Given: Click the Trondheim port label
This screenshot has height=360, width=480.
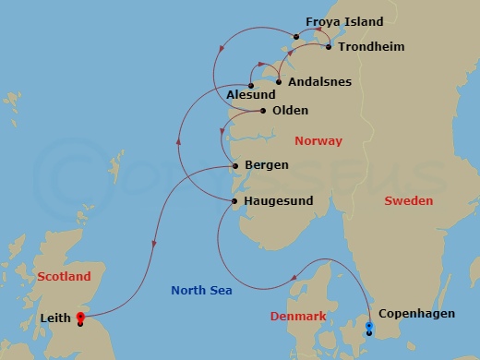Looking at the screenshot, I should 371,46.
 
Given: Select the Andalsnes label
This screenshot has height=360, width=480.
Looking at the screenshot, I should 319,81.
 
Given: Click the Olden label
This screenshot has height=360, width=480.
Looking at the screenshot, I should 290,111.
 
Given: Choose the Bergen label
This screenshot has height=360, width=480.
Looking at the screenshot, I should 267,165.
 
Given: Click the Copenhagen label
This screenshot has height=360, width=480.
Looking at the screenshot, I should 416,314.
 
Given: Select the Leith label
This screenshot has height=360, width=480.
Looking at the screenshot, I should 58,318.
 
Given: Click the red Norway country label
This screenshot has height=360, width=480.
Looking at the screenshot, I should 318,141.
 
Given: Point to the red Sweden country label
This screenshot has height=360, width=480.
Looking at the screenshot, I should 408,200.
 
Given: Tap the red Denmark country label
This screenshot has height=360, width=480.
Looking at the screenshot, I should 297,316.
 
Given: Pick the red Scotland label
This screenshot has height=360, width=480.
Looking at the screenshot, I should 64,276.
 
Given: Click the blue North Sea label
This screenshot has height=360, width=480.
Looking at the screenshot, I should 201,290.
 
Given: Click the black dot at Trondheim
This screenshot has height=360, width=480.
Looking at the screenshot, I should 329,46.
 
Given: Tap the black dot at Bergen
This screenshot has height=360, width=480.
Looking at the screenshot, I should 237,166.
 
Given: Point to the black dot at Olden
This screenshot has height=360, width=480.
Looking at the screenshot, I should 263,112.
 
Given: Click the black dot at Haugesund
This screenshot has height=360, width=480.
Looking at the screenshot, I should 235,201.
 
